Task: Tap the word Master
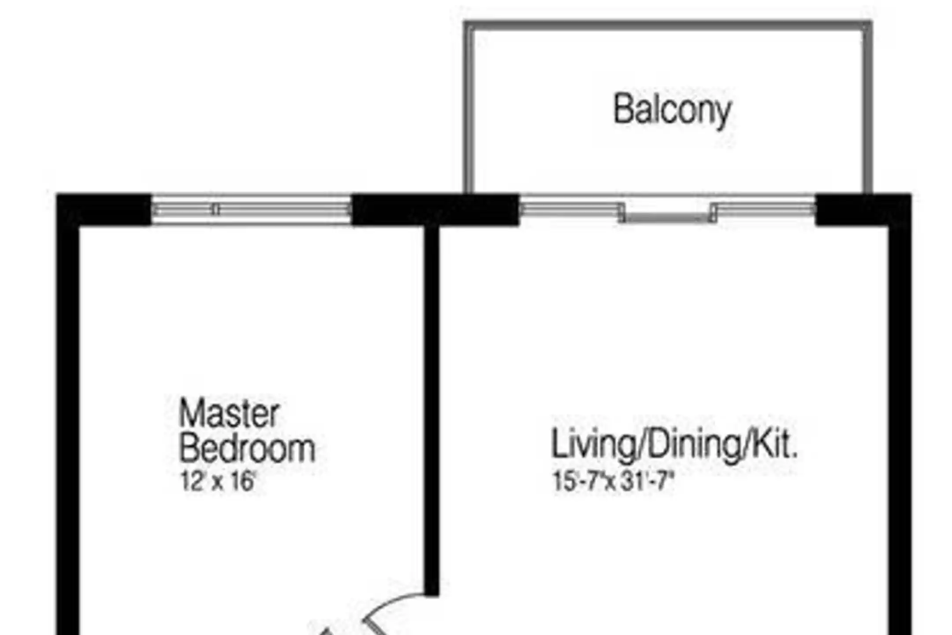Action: [x=229, y=413]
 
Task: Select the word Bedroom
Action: [x=247, y=448]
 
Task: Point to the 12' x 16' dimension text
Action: [x=218, y=481]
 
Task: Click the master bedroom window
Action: [x=251, y=209]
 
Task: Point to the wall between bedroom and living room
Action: [x=432, y=410]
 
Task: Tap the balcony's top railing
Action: [x=668, y=26]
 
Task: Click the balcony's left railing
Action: [x=469, y=108]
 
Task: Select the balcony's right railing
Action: [x=867, y=108]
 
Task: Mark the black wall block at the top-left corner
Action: [x=104, y=209]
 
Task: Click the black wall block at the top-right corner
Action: [x=863, y=209]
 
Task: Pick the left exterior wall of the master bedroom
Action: [x=68, y=430]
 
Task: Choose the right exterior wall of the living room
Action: [x=900, y=430]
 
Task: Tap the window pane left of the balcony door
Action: [x=571, y=209]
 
